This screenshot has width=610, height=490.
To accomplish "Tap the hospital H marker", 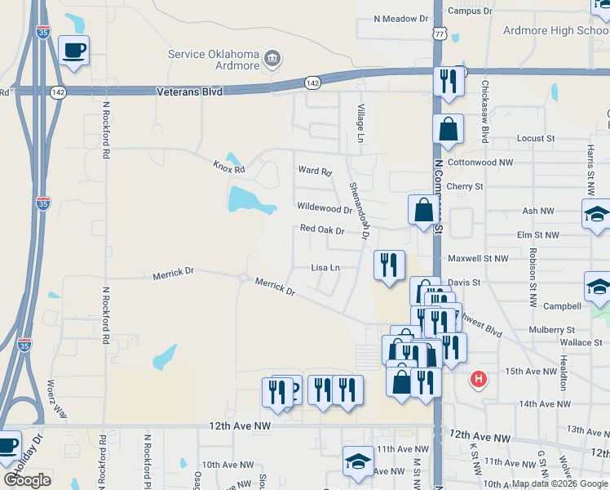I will tap(480, 380).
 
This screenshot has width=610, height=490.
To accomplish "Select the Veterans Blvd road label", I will tap(189, 92).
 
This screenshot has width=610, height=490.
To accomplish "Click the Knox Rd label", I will tap(229, 168).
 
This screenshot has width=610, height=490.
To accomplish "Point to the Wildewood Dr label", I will tap(324, 208).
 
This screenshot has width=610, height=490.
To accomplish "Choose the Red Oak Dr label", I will tap(322, 230).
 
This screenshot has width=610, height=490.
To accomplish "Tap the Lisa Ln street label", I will tap(325, 267).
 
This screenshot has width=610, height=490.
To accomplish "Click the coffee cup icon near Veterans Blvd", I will tap(73, 51).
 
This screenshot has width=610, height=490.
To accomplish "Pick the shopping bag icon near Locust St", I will tap(449, 129).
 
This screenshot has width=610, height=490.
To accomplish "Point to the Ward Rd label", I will tap(315, 171).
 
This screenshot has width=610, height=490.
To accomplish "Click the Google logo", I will tap(27, 480).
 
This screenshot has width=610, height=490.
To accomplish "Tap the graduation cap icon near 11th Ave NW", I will tap(358, 461).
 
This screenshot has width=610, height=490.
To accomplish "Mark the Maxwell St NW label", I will tap(478, 258).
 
